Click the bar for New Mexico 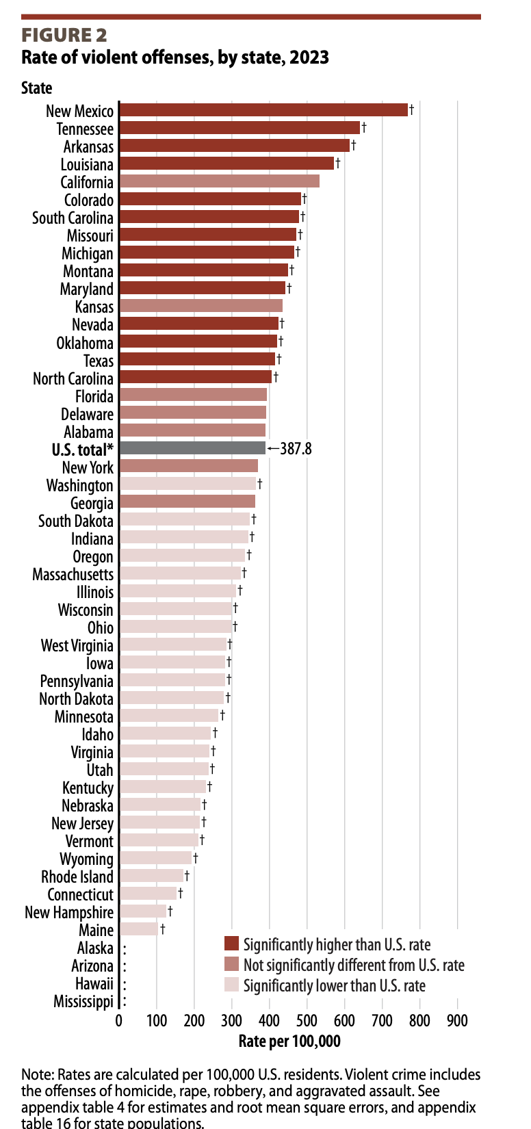pos(263,110)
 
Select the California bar pos(219,181)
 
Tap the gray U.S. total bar pos(192,448)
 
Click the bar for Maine pos(138,929)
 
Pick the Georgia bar pos(187,502)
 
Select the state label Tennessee pos(85,129)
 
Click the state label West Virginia pos(77,645)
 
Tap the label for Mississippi pos(83,1001)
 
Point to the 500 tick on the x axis pos(307,1021)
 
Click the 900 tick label pos(457,1021)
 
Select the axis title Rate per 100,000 pos(289,1041)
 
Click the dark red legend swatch pos(231,944)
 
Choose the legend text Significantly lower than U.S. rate pos(334,985)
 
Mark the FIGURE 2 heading pos(64,36)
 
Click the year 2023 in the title pos(309,57)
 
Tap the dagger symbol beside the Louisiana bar pos(337,163)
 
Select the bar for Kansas pos(200,306)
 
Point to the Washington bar pos(187,484)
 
